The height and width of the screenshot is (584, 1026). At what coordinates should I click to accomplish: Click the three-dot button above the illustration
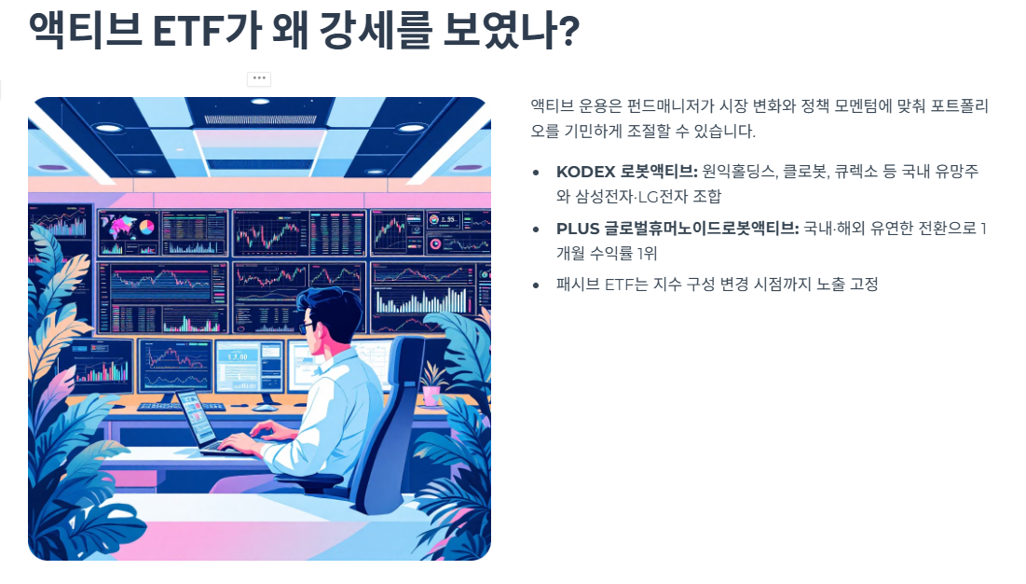[x=259, y=78]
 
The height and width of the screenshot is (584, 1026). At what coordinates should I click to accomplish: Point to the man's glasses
[x=307, y=327]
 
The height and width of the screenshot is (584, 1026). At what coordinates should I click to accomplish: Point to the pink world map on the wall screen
[x=118, y=227]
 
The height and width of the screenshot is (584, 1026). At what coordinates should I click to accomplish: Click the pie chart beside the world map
[x=146, y=227]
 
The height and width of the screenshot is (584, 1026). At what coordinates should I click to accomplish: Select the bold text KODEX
[x=585, y=172]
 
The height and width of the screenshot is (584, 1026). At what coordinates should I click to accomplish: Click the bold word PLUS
[x=576, y=229]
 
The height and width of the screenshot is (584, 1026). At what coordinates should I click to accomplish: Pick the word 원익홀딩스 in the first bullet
[x=737, y=172]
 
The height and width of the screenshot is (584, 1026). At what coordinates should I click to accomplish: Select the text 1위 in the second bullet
[x=647, y=254]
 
